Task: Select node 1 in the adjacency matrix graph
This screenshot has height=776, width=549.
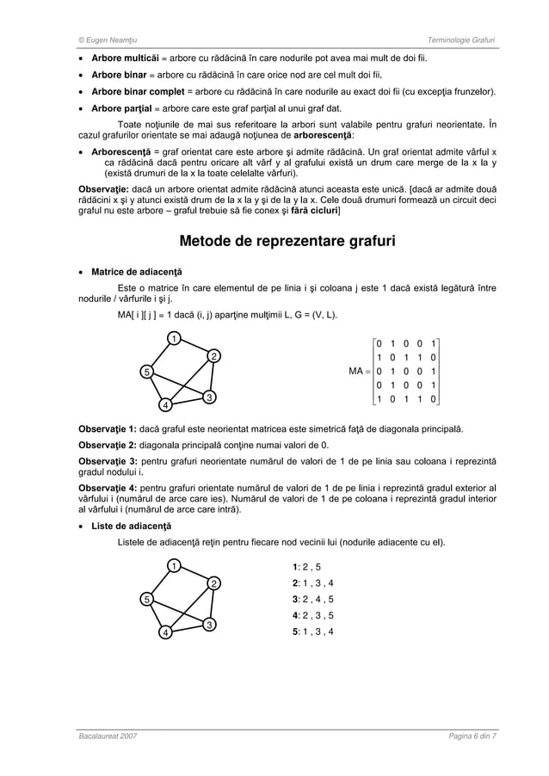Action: pos(172,337)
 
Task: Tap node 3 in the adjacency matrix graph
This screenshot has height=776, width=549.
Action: pos(208,396)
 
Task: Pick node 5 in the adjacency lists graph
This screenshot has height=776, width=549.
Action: pos(147,599)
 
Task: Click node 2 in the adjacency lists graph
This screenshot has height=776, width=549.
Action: pos(213,584)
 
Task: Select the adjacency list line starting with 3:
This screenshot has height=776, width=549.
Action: pos(313,599)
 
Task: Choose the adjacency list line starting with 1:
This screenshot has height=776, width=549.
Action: pos(306,567)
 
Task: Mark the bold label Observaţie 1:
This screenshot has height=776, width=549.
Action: pos(103,428)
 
